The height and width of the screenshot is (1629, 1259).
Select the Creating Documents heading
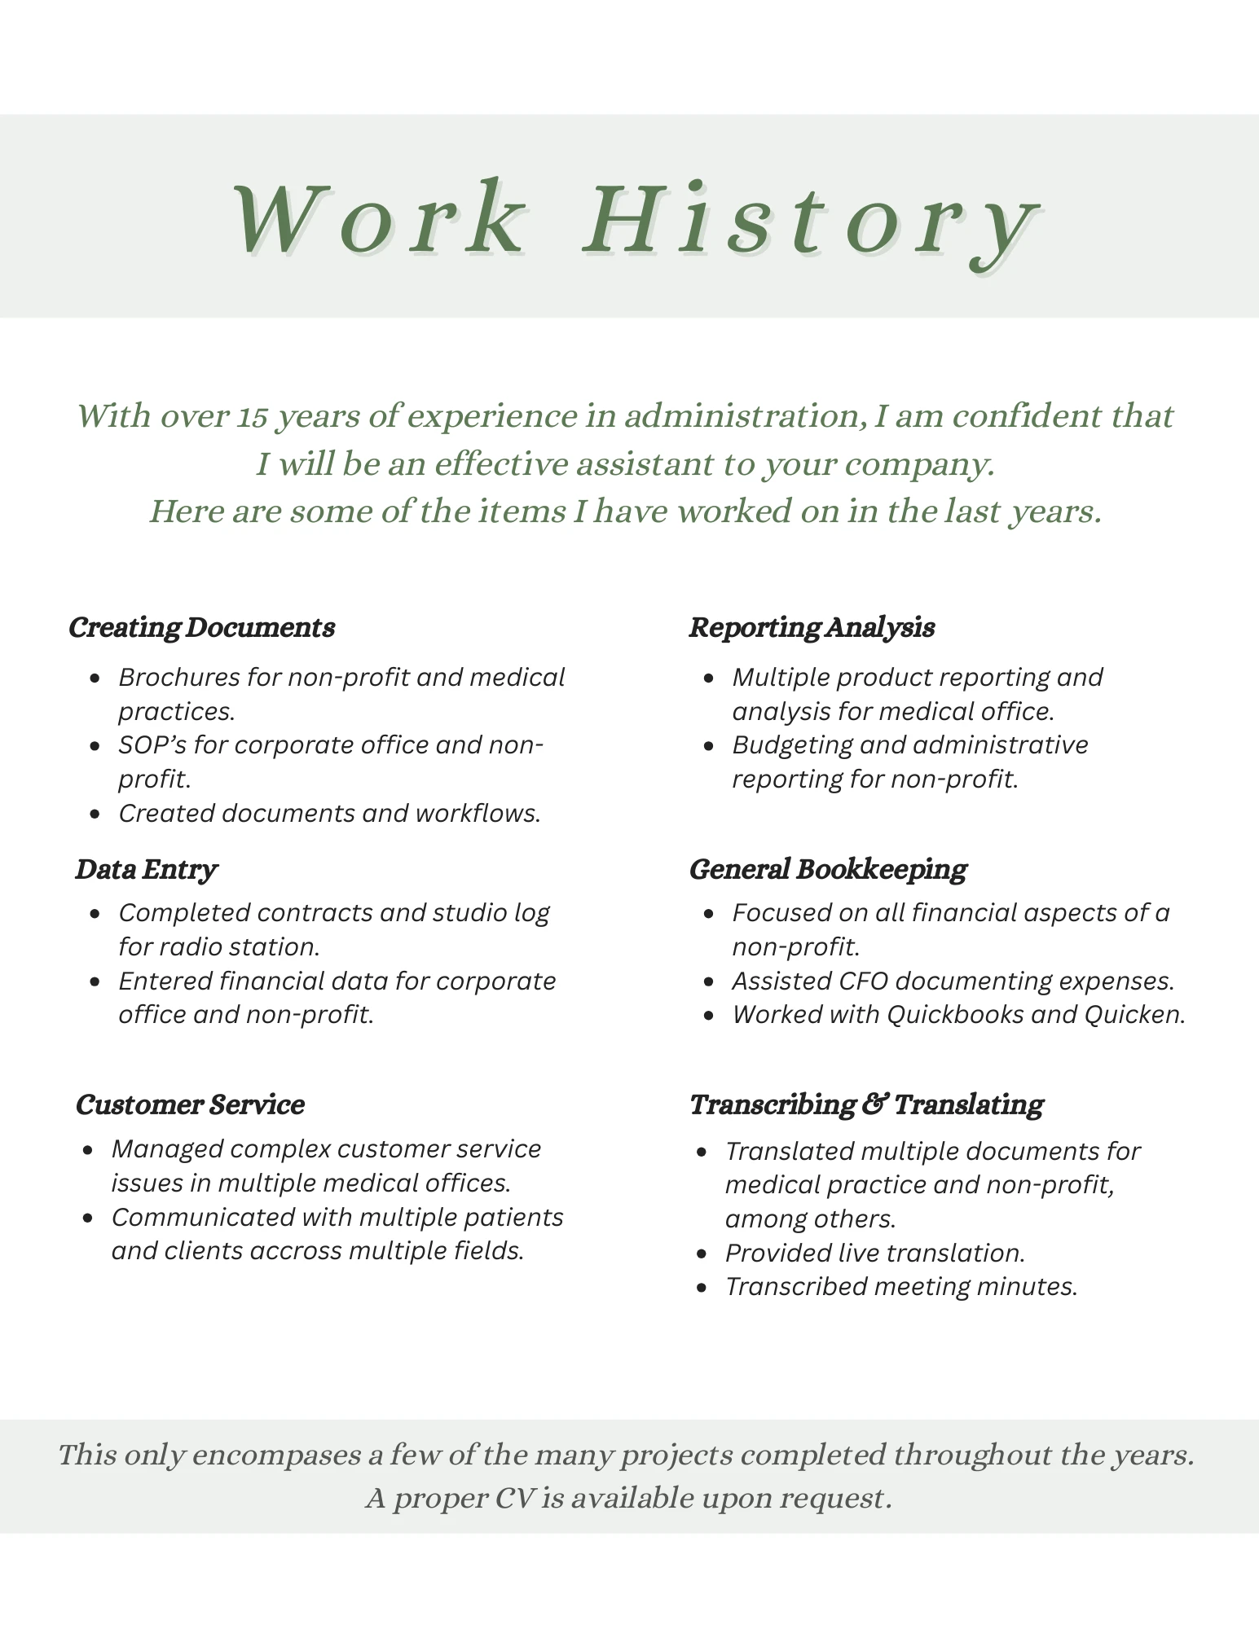[201, 627]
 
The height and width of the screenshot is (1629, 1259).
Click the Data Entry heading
[146, 869]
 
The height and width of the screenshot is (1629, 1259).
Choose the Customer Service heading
[190, 1104]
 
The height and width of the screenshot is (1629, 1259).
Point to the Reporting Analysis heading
[812, 627]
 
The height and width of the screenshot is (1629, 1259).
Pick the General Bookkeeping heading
[828, 869]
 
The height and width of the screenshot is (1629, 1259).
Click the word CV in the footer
[514, 1498]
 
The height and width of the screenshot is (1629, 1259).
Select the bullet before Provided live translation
[702, 1254]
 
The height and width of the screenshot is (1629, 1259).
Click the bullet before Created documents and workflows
[96, 814]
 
